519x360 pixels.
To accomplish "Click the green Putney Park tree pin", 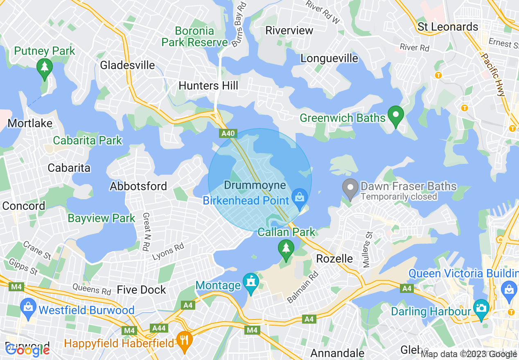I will point(44,67).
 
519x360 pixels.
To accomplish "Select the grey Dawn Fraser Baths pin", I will point(350,188).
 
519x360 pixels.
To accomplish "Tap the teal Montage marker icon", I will point(250,282).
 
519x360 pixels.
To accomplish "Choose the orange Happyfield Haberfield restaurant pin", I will point(185,340).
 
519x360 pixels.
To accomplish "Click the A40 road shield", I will point(228,133).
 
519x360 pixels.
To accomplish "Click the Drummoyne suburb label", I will point(255,185).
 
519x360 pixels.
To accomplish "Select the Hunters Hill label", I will point(208,85).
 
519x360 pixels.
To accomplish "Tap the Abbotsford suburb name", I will point(138,186).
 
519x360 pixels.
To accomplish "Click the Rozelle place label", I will point(335,259).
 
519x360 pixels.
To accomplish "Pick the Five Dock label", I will point(142,290).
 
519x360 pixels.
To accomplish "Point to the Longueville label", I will point(329,58).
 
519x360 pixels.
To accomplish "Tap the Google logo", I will point(27,350).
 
